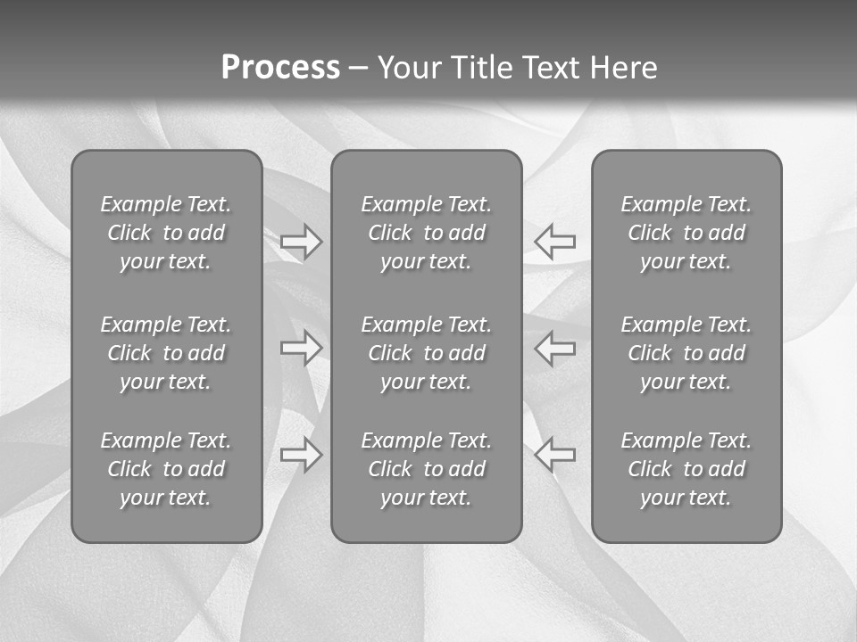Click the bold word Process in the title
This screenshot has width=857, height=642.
coord(280,68)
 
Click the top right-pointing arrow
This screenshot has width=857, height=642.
coord(301,241)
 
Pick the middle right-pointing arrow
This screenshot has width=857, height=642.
coord(301,348)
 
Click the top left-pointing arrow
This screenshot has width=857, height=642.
coord(555,241)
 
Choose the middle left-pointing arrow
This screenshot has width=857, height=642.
coord(555,348)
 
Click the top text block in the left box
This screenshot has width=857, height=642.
coord(166,233)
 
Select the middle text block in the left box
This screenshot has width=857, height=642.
coord(166,353)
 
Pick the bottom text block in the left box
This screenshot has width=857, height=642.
coord(166,469)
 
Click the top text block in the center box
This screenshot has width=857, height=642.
coord(426,233)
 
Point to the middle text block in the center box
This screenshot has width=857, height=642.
coord(426,353)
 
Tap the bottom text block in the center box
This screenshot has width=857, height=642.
coord(426,469)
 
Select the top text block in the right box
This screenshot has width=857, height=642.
coord(686,233)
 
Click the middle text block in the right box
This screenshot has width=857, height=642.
coord(686,353)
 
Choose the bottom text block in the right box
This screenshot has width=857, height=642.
coord(686,469)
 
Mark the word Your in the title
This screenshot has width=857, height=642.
coord(406,68)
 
